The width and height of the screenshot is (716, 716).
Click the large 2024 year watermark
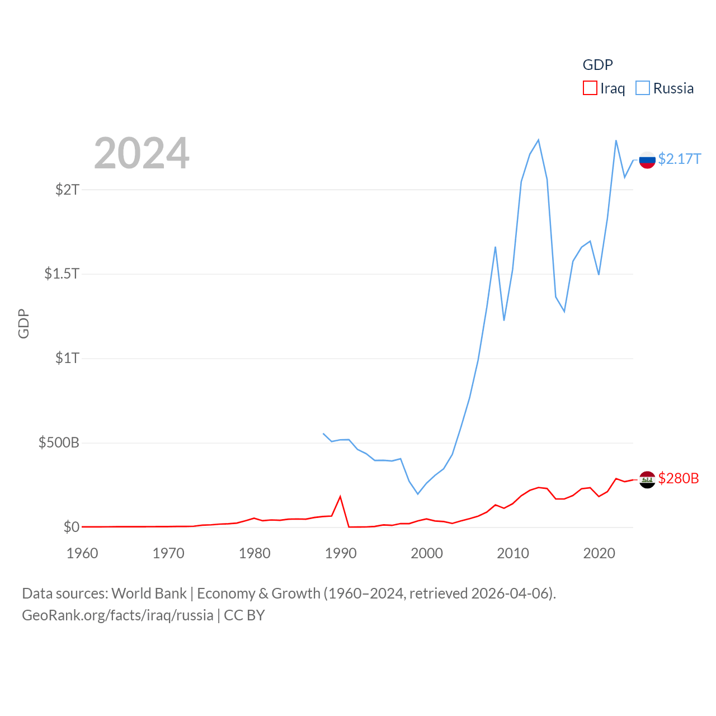point(142,153)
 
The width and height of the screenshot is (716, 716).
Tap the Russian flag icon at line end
point(647,160)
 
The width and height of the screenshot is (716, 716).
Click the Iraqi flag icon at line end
point(647,479)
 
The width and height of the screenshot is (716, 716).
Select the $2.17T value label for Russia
point(679,159)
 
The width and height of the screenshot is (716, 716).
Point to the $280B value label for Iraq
point(679,478)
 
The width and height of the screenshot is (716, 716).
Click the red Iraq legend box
point(590,88)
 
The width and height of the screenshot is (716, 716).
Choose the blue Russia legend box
point(643,88)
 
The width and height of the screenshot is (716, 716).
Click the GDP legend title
point(597,65)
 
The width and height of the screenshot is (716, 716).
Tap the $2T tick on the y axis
point(68,190)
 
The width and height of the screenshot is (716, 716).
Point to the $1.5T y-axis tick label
point(62,274)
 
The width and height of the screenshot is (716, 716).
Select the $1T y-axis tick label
point(68,358)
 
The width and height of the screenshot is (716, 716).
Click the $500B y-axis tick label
point(59,443)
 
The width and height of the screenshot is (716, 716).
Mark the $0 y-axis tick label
point(72,527)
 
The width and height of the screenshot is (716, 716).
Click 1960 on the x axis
point(82,553)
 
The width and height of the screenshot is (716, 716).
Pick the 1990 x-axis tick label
point(341,553)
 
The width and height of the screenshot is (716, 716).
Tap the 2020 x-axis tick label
point(599,553)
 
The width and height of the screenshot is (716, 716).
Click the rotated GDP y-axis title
point(23,323)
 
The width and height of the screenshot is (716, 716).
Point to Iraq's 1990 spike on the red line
point(340,497)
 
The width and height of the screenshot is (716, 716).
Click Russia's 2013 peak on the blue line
point(538,140)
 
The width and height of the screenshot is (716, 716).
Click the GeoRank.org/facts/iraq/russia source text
point(117,615)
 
